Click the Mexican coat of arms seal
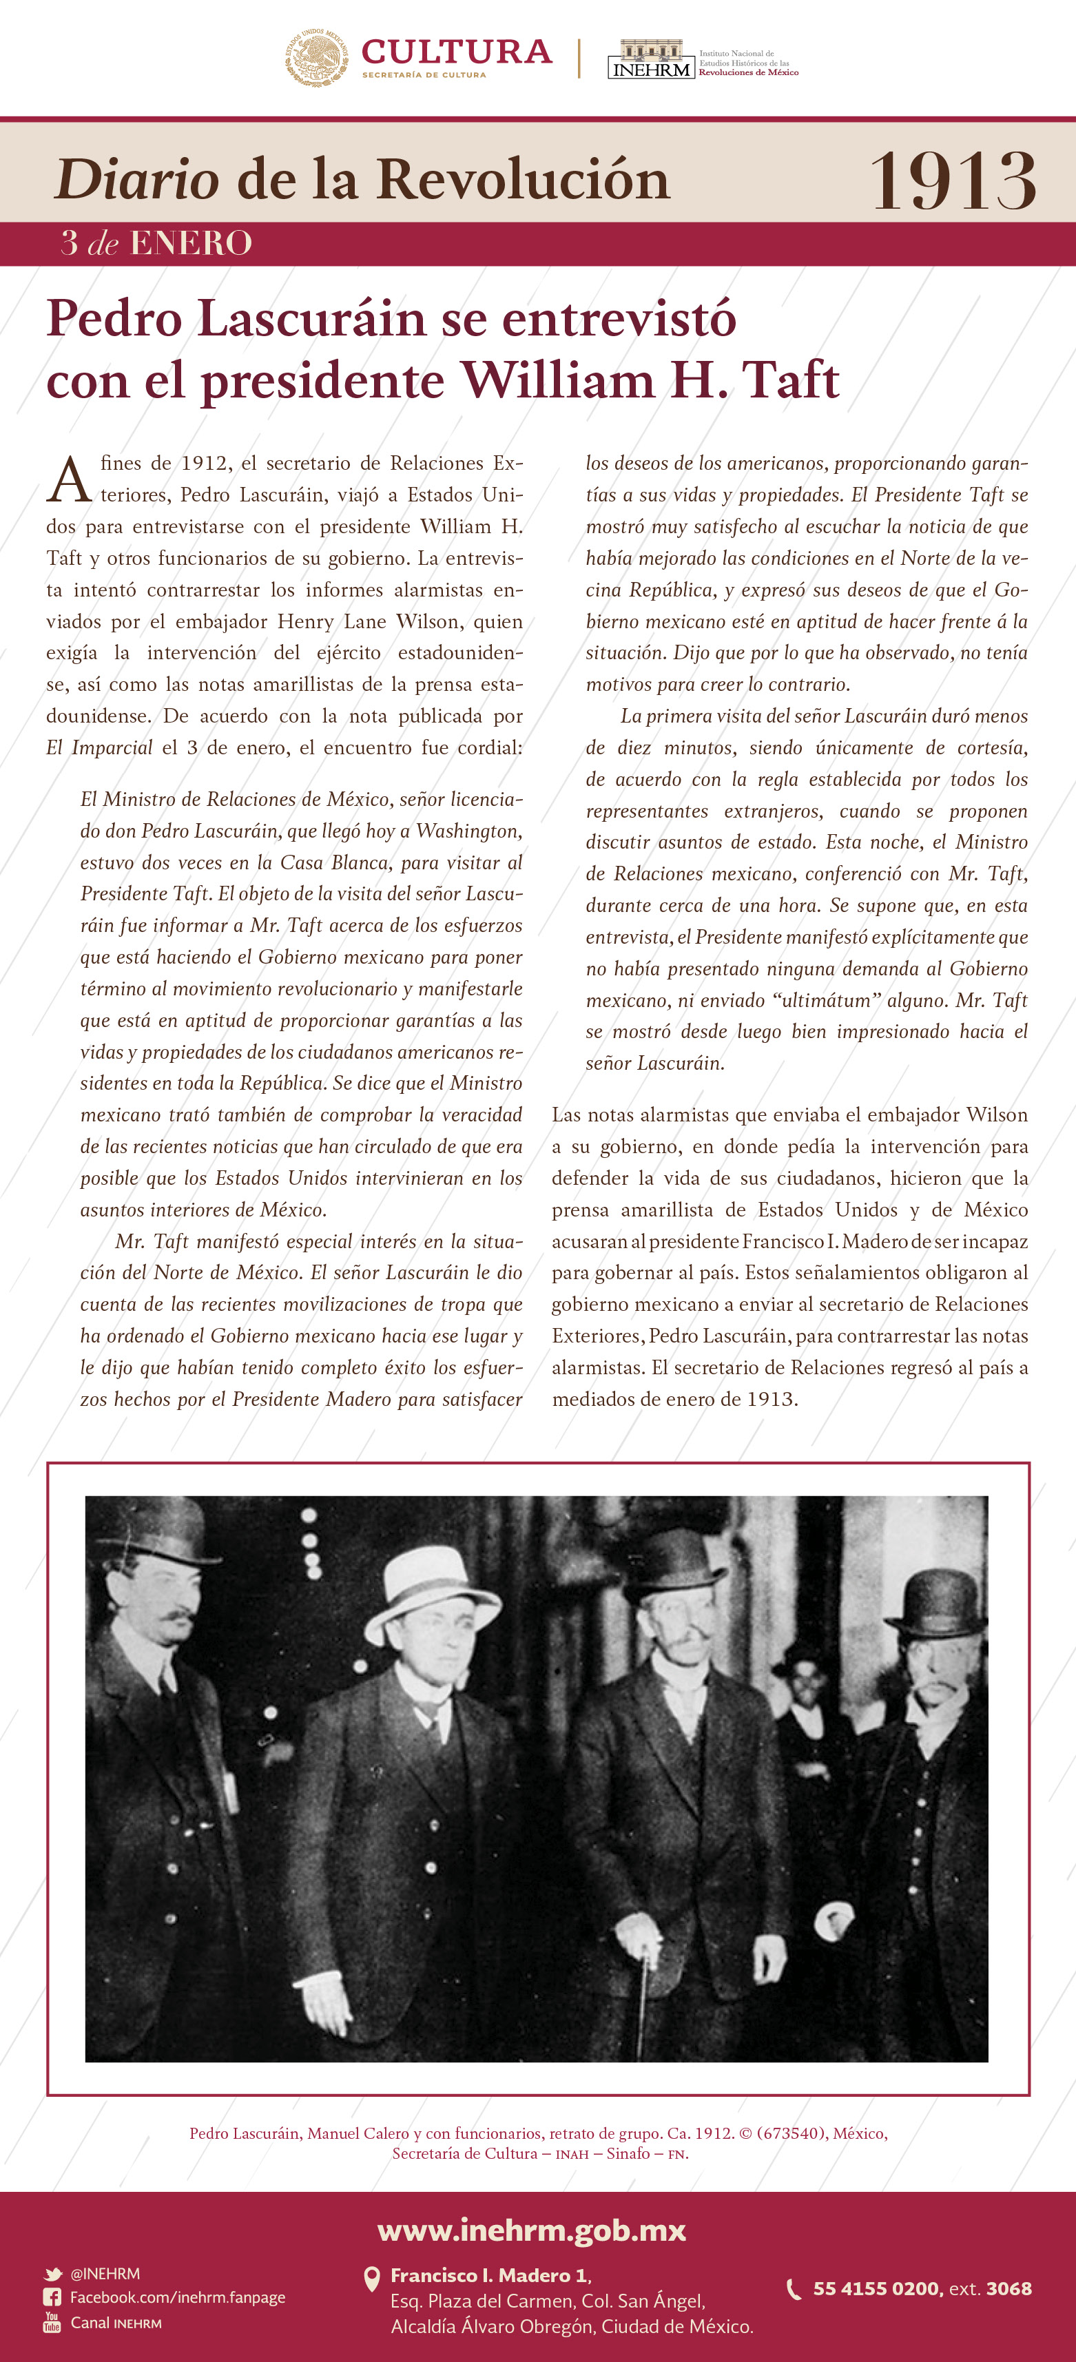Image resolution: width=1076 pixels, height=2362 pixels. (315, 57)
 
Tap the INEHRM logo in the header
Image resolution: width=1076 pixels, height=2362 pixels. (650, 60)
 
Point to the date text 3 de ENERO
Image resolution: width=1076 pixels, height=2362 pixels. (156, 243)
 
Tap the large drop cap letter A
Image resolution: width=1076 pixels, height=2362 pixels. (69, 481)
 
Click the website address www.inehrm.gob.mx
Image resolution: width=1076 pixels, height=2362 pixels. (532, 2229)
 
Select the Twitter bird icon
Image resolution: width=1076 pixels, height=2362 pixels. (52, 2274)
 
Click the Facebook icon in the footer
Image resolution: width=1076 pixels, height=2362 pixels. (52, 2297)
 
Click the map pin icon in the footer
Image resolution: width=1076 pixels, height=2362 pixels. (371, 2278)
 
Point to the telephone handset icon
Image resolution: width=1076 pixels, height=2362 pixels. (794, 2290)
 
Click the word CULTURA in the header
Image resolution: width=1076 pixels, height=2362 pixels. (456, 52)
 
